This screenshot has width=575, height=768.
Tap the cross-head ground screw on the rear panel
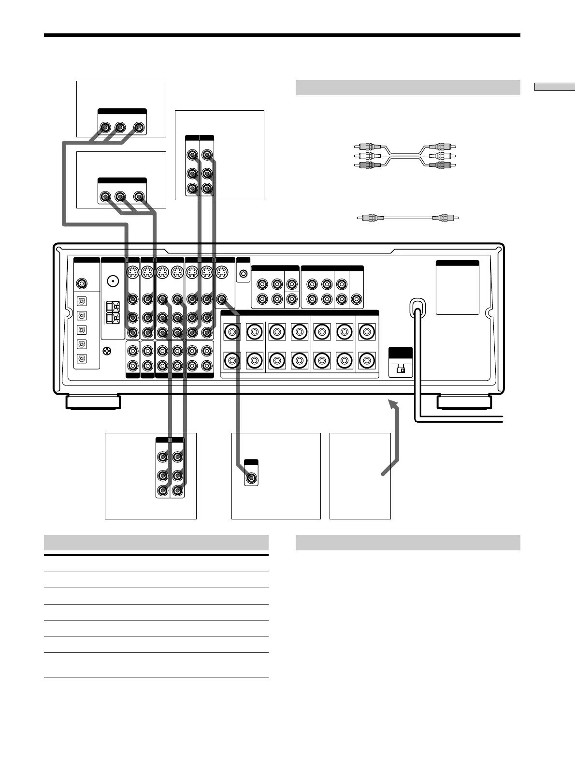tap(107, 352)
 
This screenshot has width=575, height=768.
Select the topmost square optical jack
tap(82, 302)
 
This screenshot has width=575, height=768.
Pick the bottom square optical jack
tap(82, 359)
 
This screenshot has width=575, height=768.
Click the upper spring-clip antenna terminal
tap(112, 307)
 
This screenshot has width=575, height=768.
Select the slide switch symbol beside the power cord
tap(401, 369)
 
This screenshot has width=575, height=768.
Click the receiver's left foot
tap(93, 402)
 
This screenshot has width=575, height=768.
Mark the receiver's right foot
tap(463, 402)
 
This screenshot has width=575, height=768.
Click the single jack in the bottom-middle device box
tap(251, 479)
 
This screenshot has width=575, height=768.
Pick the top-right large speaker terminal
tap(367, 332)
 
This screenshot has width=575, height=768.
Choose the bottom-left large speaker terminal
tap(232, 361)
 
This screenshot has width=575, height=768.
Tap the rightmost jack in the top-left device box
tap(139, 128)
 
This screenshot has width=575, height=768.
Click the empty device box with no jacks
tap(359, 476)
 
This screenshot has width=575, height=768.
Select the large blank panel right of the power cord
tap(457, 288)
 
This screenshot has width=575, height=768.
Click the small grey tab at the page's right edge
tap(554, 87)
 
